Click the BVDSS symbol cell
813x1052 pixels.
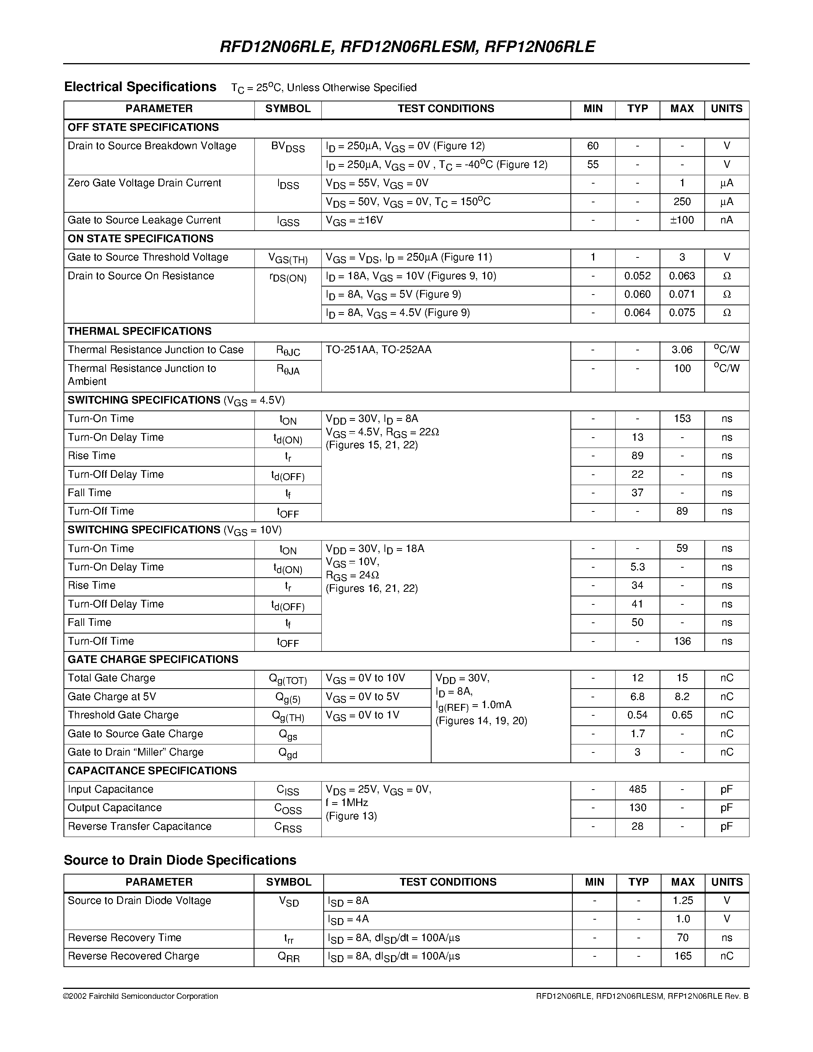tap(288, 147)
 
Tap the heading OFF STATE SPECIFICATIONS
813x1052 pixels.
tap(143, 127)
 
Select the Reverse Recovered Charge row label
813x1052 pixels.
tap(134, 956)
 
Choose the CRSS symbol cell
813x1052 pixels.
tap(288, 827)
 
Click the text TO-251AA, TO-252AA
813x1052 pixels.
tap(378, 350)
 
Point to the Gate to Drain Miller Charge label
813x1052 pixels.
tap(135, 752)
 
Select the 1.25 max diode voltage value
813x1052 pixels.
tap(683, 900)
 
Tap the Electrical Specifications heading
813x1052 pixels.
tap(140, 87)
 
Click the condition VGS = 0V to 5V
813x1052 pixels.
tap(362, 697)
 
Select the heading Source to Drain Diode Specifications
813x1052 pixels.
tap(180, 860)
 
